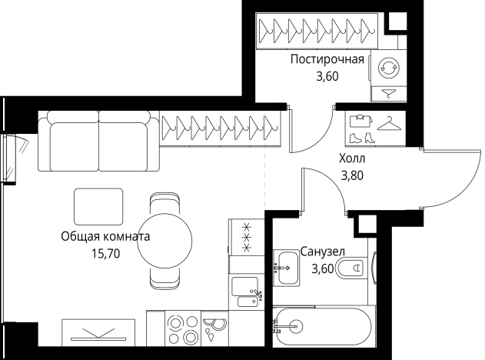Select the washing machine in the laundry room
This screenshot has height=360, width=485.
pos(387,68)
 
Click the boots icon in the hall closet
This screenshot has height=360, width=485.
pos(360,138)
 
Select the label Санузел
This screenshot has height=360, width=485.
pos(322,252)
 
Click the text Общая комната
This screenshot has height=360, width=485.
pos(105,237)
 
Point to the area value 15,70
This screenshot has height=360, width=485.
pos(105,253)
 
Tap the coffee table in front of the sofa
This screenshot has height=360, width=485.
pos(98,207)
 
